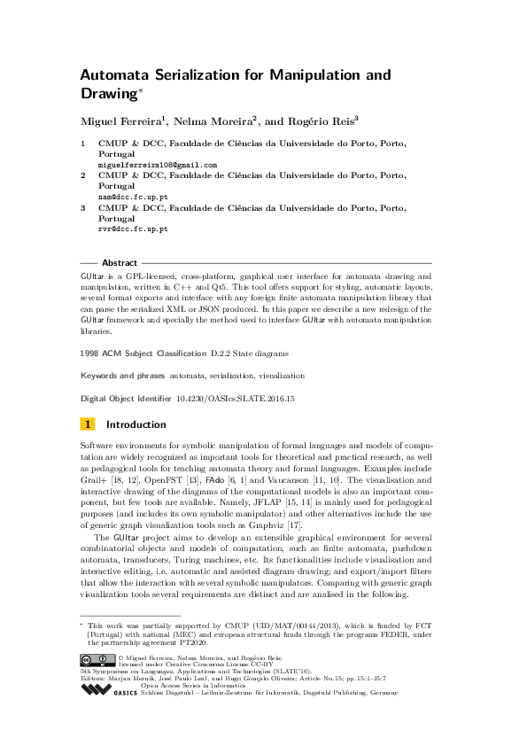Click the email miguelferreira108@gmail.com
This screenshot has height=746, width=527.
157,165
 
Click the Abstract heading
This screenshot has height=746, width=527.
120,263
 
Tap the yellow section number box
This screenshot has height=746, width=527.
88,424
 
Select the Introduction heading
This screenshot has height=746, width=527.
136,424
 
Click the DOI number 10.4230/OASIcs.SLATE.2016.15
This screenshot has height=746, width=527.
235,399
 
